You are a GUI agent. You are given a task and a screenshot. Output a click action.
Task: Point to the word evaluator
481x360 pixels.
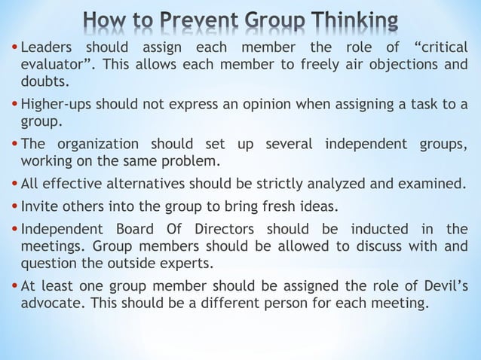coord(57,65)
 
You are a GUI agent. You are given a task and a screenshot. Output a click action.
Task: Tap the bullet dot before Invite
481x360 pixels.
coord(16,206)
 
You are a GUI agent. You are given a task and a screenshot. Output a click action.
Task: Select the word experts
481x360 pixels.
coord(188,263)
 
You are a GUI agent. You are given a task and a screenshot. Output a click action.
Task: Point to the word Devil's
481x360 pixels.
coord(439,285)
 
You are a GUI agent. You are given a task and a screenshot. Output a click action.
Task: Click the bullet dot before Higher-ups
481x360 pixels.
coord(16,105)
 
